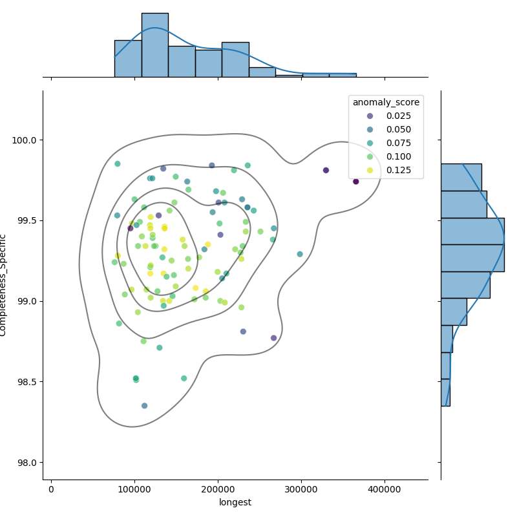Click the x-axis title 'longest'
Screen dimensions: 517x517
(x=235, y=502)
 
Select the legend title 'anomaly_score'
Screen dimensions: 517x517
(x=386, y=102)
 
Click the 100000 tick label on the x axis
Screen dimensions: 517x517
(x=134, y=489)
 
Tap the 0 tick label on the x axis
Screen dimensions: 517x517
(x=51, y=489)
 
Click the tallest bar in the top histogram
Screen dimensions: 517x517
(x=154, y=45)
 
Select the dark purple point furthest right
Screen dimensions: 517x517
(x=356, y=182)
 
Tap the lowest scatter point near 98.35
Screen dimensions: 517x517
(x=144, y=406)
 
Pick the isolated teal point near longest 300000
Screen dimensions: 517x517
(x=300, y=254)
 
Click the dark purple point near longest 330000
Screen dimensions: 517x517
(x=326, y=171)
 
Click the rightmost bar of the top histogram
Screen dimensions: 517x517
(x=343, y=75)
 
